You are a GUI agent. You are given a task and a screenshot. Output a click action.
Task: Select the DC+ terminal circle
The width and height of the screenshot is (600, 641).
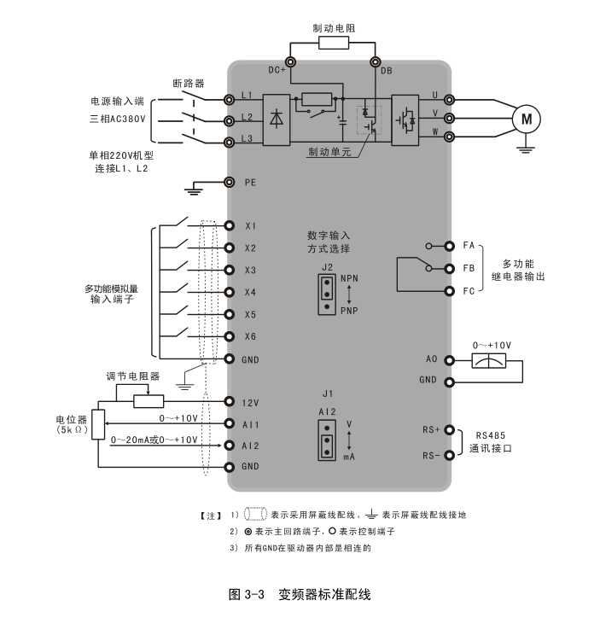tap(291, 61)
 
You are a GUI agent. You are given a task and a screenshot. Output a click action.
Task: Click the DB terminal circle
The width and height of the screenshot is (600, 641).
tap(376, 61)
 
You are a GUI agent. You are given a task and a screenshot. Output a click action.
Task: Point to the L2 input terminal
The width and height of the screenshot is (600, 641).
tap(230, 119)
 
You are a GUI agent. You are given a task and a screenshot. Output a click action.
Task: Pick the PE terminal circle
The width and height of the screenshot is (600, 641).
tap(230, 182)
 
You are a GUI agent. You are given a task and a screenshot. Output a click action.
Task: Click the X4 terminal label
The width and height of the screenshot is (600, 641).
tap(250, 293)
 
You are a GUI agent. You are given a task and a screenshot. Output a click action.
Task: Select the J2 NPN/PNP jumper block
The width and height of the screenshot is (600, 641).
tap(326, 293)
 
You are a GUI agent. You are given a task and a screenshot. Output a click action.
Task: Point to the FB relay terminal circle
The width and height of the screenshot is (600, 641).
tap(450, 269)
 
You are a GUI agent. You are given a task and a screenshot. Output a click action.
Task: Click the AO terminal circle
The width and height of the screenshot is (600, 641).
tap(450, 359)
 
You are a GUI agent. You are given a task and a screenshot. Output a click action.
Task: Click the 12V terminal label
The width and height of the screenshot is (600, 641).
tap(250, 401)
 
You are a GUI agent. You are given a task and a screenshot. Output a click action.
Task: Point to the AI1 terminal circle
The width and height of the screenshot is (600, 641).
tap(230, 423)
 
